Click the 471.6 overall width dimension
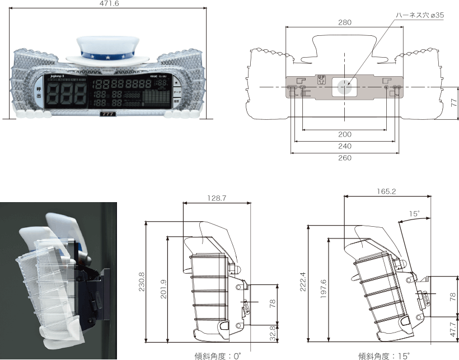(109, 3)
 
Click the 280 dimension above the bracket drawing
(344, 22)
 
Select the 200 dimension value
(344, 134)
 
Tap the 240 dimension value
(344, 146)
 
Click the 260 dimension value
(344, 158)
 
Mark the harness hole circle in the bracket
(344, 87)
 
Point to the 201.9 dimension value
(163, 289)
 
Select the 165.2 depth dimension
(387, 191)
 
